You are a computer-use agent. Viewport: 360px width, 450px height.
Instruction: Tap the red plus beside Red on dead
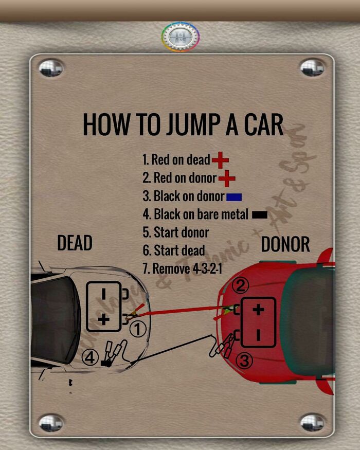point(220,160)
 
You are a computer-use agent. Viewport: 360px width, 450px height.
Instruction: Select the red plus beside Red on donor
point(227,179)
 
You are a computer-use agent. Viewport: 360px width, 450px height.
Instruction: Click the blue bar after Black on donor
point(233,197)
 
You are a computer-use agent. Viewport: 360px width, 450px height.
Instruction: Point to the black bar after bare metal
point(260,215)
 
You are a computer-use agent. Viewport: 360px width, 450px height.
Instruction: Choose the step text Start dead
point(173,250)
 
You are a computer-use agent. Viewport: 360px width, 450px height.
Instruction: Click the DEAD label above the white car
point(75,243)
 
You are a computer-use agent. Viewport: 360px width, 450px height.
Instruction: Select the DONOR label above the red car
point(285,245)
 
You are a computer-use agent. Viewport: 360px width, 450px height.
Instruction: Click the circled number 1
point(138,329)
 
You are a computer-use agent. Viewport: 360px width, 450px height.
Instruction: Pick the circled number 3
point(244,362)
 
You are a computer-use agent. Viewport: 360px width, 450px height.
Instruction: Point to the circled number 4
point(91,357)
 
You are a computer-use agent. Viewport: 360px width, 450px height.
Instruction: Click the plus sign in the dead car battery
point(103,319)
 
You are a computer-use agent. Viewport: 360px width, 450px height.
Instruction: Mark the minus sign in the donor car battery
point(258,335)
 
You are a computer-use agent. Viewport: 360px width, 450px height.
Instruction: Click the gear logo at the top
point(181,37)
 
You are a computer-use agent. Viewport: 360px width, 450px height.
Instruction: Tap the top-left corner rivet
point(51,67)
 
